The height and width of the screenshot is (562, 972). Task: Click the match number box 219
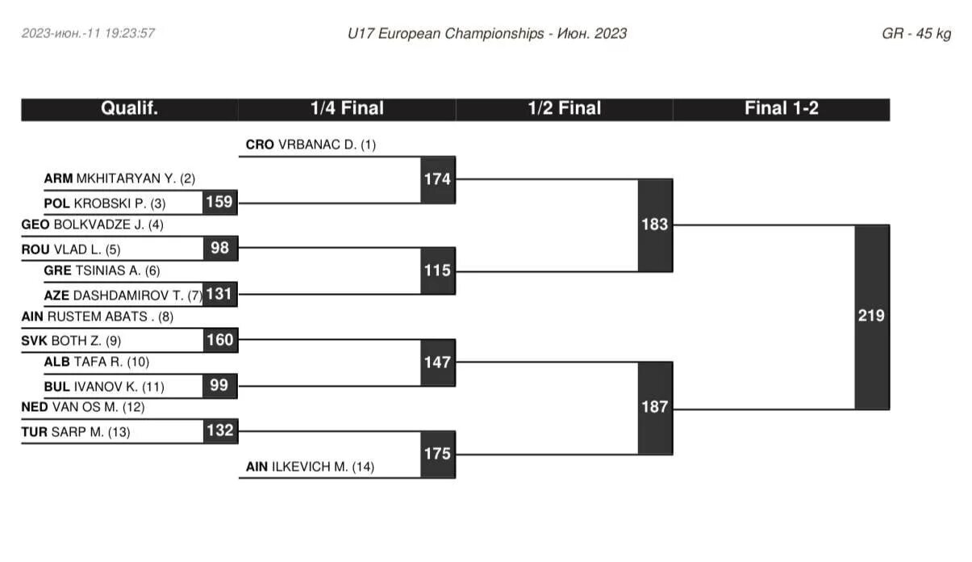[x=871, y=317]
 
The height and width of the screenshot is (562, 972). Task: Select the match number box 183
[x=655, y=224]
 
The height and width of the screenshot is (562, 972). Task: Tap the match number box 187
[x=655, y=407]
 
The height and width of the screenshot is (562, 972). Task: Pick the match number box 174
[x=437, y=179]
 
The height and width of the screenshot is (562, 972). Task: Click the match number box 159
[x=219, y=202]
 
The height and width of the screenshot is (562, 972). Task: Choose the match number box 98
[x=219, y=248]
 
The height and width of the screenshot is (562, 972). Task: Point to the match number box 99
[x=219, y=385]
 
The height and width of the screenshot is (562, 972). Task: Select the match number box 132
[x=219, y=430]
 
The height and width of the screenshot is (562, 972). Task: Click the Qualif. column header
[x=129, y=109]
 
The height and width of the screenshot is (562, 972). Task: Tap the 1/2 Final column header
[x=565, y=109]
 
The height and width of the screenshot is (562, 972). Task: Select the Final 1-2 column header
[x=781, y=109]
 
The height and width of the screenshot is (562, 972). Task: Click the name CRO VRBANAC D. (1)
[x=311, y=145]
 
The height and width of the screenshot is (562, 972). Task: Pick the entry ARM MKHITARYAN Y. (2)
[x=119, y=179]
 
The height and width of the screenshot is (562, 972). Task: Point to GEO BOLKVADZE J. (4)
[x=92, y=225]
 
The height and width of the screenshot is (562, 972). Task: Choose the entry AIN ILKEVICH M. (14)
[x=310, y=467]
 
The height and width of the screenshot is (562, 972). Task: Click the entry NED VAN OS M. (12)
[x=83, y=408]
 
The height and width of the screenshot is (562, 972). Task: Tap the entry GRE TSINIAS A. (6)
[x=102, y=271]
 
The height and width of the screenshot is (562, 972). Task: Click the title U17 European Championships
[x=446, y=34]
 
